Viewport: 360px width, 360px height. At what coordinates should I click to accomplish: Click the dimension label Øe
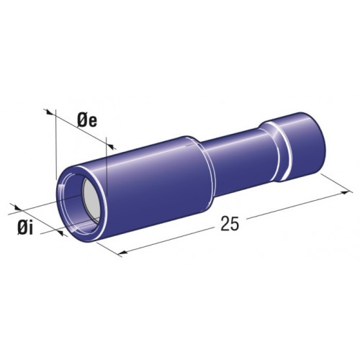87,122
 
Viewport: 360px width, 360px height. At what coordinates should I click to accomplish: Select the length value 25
230,224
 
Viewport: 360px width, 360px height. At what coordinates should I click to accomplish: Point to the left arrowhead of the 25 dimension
122,252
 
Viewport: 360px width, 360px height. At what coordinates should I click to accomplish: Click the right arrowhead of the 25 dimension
348,192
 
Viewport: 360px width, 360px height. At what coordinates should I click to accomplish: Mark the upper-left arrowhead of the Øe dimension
49,112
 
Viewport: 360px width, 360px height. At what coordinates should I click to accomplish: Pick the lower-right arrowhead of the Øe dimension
112,146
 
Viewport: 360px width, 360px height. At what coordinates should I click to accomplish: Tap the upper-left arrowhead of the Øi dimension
16,207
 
